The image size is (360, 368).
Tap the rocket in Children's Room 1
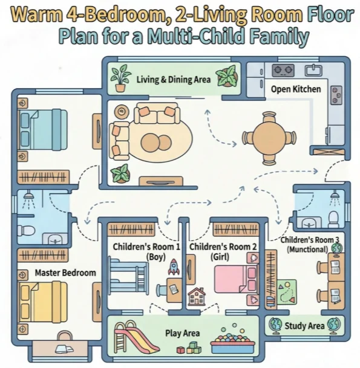coord(174,266)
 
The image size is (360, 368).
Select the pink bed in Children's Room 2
coord(236,279)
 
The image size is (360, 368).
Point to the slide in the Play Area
coord(136,337)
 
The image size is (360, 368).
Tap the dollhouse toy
coord(197,297)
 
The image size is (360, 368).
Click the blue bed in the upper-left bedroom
coord(43,129)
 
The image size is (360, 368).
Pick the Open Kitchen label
coord(296,89)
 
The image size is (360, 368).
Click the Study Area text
coord(304,326)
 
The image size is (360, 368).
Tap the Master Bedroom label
coord(65,273)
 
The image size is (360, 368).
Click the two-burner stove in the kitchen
coord(283,70)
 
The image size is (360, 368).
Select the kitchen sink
coord(313,70)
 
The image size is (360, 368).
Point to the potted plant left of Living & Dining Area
coord(120,79)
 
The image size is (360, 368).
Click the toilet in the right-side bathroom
coord(334,219)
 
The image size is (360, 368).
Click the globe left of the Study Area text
coord(275,326)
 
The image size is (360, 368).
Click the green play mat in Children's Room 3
coord(287,292)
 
